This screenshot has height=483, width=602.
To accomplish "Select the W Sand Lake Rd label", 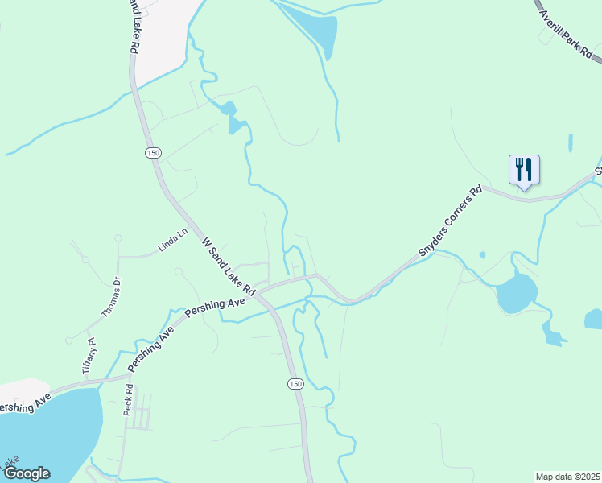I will [x=228, y=265].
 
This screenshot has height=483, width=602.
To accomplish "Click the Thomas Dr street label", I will [x=110, y=295].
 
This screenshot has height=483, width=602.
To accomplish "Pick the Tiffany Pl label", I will [x=89, y=353].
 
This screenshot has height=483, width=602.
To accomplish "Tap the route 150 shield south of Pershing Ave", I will [x=295, y=384].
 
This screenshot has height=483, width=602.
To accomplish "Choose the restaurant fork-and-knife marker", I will [x=524, y=170].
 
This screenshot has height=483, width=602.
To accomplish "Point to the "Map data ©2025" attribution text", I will [x=567, y=477].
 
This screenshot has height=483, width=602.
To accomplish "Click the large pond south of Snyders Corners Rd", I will [x=516, y=293].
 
